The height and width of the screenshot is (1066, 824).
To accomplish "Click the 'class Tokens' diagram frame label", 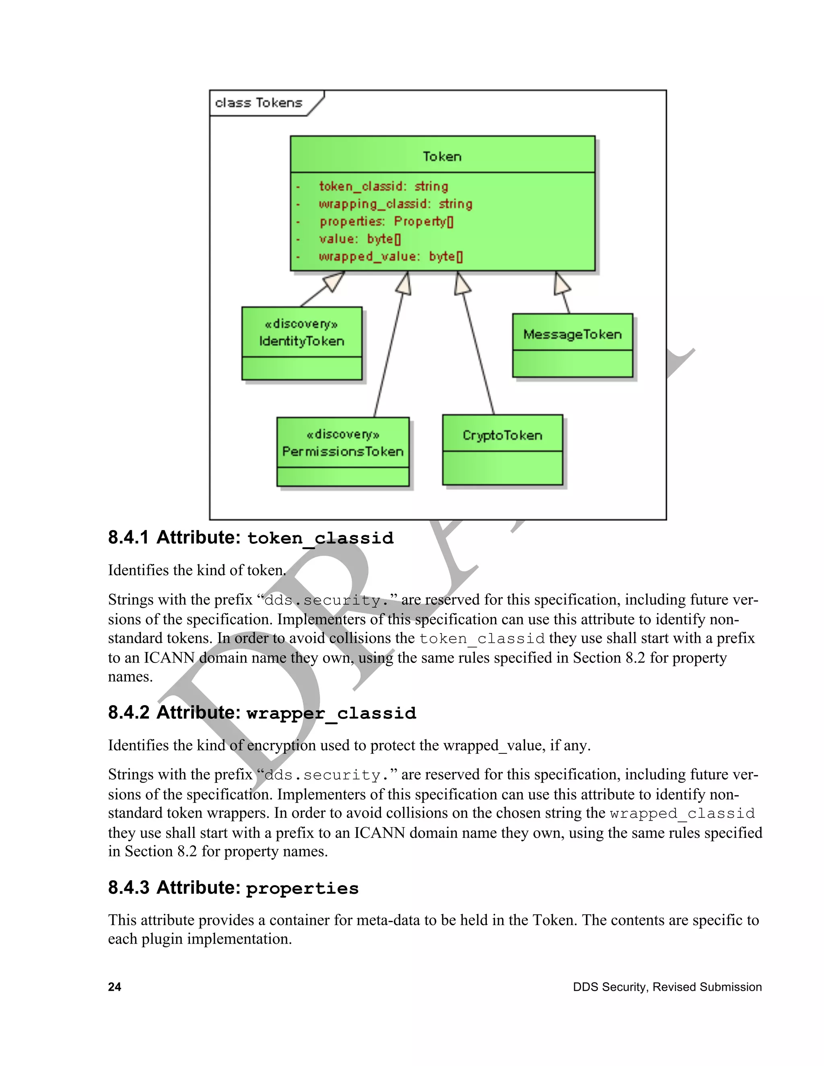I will pyautogui.click(x=259, y=103).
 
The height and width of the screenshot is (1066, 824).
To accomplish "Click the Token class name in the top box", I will pyautogui.click(x=442, y=156).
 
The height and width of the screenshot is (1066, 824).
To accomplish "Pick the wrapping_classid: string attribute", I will pyautogui.click(x=396, y=204).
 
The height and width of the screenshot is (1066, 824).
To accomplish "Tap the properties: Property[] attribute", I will pyautogui.click(x=387, y=222).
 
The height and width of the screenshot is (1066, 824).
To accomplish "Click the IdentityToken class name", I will pyautogui.click(x=302, y=341).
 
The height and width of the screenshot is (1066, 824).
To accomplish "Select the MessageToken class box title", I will pyautogui.click(x=572, y=335).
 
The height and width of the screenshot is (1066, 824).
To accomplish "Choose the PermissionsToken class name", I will pyautogui.click(x=343, y=451).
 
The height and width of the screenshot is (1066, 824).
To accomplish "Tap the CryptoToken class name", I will pyautogui.click(x=502, y=435).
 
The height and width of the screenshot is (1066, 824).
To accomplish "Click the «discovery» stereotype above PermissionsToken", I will pyautogui.click(x=343, y=434).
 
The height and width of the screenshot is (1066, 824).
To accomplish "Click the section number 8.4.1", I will pyautogui.click(x=128, y=537).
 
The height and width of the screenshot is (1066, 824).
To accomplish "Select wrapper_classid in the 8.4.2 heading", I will pyautogui.click(x=331, y=713).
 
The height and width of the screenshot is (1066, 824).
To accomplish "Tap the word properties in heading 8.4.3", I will pyautogui.click(x=302, y=888).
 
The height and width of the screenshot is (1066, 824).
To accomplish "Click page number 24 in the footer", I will pyautogui.click(x=115, y=987).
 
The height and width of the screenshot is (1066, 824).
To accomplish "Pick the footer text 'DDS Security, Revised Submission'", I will pyautogui.click(x=667, y=987).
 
